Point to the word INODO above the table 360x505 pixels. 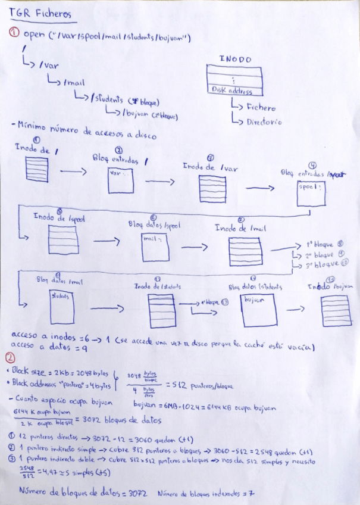[x=235, y=60]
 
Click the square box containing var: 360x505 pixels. [x=121, y=179]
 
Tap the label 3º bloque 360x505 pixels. [x=324, y=263]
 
